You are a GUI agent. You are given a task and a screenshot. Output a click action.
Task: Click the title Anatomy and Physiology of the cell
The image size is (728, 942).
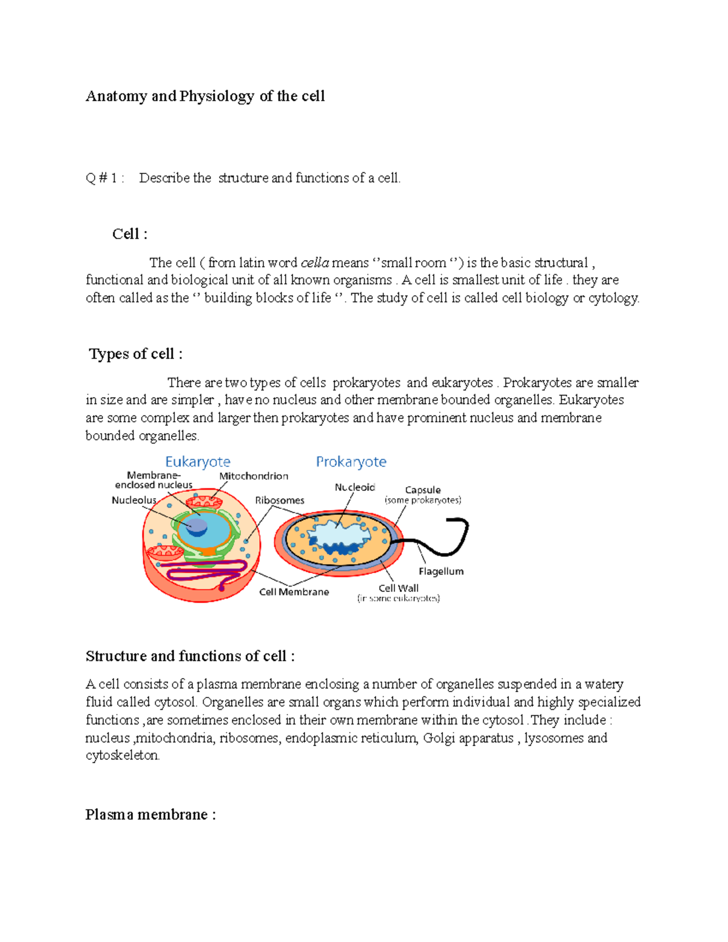coord(205,96)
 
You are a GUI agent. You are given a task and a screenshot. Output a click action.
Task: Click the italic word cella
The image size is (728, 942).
coord(315,263)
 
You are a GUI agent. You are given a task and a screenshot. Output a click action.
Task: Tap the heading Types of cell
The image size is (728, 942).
coord(135,354)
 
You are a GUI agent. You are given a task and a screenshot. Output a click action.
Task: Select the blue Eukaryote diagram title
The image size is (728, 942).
coord(198,462)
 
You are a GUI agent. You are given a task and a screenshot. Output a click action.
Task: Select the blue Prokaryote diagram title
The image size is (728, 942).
coord(351,462)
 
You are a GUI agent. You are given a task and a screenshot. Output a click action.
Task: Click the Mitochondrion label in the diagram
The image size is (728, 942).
coord(254,476)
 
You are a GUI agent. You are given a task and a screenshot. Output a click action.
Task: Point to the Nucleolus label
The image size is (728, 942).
coord(133,500)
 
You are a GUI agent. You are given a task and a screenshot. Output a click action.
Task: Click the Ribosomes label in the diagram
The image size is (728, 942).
coord(280,500)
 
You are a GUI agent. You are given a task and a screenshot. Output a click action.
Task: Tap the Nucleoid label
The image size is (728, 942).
coord(355,487)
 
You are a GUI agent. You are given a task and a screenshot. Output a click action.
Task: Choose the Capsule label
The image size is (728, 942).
coord(423,490)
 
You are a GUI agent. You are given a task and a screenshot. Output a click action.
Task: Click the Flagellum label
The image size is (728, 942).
coord(441,571)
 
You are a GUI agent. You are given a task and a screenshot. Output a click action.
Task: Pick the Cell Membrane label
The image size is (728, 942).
coord(294,592)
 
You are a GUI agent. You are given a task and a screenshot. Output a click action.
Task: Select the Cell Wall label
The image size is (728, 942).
coord(399,588)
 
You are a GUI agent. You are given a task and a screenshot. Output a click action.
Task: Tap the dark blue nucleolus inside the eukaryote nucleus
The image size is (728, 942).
coord(197,526)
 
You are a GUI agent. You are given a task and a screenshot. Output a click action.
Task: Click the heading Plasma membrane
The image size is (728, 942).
coord(150,815)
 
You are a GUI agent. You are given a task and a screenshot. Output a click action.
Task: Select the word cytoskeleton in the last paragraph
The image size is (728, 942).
coord(122,756)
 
